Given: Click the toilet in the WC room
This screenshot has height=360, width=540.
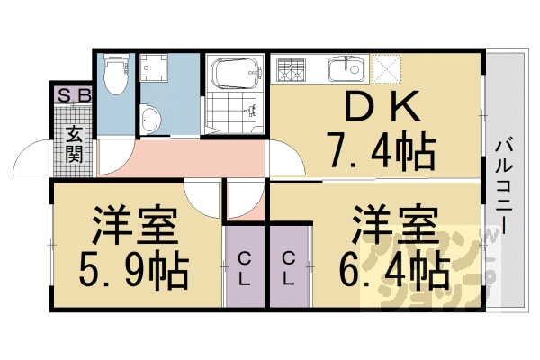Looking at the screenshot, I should coord(114,77).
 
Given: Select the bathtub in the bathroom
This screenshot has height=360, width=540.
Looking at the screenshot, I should coord(234,74).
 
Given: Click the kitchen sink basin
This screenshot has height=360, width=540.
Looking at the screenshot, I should coord(346,68).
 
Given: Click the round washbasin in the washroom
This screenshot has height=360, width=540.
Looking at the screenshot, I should coord(152,118).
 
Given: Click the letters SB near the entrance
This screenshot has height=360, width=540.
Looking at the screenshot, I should coord(72,94).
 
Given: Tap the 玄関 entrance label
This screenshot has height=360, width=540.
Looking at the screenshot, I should coord(74,143).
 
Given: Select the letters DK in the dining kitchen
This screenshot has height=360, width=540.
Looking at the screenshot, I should coord(378,108).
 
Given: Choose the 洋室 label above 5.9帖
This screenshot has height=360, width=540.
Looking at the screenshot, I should coord(133,225).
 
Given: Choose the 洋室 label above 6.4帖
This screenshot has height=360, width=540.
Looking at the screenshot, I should coord(394,223).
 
